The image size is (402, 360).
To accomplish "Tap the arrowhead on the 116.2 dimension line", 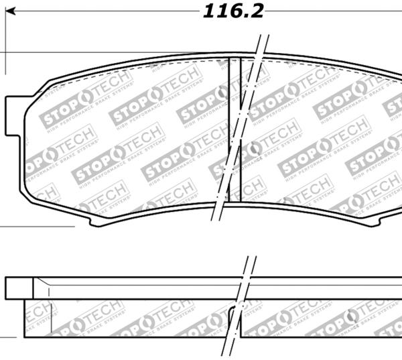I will click(11, 11).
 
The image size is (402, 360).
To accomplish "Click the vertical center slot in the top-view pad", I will click(234, 127).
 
